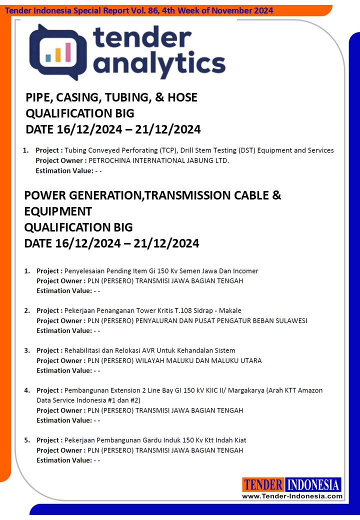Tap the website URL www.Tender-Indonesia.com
click(x=292, y=496)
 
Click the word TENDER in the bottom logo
click(x=263, y=484)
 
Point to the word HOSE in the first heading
click(x=183, y=97)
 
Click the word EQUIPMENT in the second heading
click(x=58, y=211)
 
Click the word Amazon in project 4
click(x=310, y=390)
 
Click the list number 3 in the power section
click(x=27, y=350)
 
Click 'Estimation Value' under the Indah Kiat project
click(x=64, y=460)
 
